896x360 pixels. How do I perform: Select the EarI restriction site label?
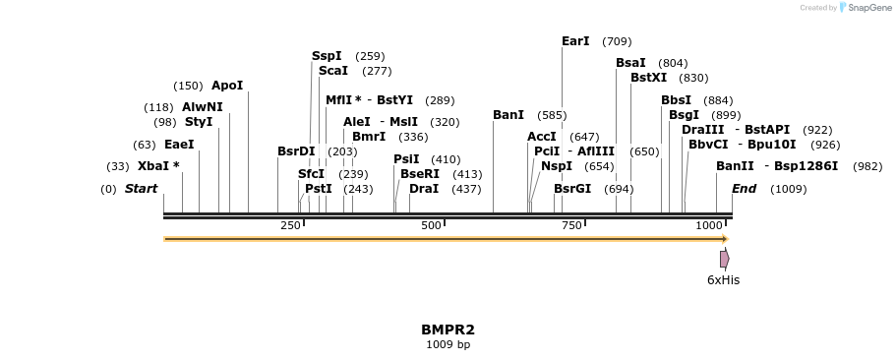(575, 41)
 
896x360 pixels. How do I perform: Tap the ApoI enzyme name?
(227, 86)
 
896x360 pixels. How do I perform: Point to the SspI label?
(327, 56)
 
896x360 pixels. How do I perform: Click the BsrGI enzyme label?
(572, 188)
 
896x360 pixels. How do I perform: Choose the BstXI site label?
(648, 78)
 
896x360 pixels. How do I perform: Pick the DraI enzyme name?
(424, 188)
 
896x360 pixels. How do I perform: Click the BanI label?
(508, 115)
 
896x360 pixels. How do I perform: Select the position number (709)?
(617, 41)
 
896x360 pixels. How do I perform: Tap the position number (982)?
(867, 166)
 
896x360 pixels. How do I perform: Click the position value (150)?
(188, 86)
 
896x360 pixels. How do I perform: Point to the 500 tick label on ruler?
(432, 226)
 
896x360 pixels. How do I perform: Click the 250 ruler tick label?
(290, 226)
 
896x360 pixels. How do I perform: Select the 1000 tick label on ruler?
(708, 226)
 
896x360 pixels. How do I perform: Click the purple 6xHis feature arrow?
(725, 259)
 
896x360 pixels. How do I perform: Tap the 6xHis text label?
(724, 280)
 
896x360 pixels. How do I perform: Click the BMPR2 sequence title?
(448, 330)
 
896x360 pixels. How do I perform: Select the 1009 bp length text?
(448, 344)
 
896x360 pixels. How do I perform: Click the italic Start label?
(141, 188)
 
